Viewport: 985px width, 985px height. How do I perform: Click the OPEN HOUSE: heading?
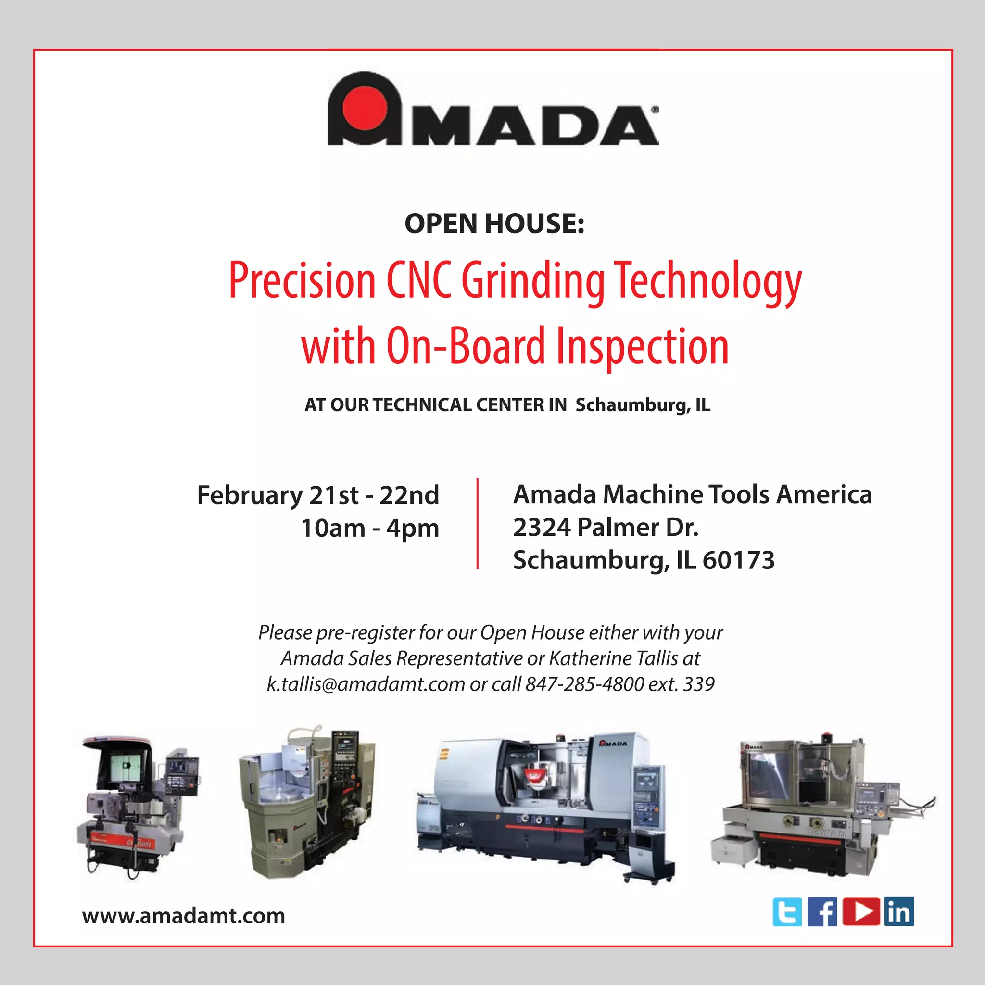tap(494, 224)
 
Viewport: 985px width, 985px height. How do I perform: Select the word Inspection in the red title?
tap(643, 346)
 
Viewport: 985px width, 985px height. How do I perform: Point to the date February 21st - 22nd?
tap(318, 495)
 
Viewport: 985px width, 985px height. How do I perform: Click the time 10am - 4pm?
tap(370, 528)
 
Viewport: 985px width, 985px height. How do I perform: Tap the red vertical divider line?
tap(477, 523)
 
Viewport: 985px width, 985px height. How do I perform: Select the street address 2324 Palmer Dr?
tap(605, 527)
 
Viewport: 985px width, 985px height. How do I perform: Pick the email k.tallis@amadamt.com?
tap(366, 684)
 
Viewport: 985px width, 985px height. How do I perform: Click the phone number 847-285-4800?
tap(585, 684)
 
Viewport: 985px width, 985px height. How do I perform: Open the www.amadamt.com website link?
tap(184, 916)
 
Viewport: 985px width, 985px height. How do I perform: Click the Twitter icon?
tap(787, 911)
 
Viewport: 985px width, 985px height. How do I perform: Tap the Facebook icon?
tap(822, 911)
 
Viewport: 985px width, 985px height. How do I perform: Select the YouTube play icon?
tap(861, 911)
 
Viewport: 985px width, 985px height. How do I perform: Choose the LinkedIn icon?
tap(898, 911)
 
